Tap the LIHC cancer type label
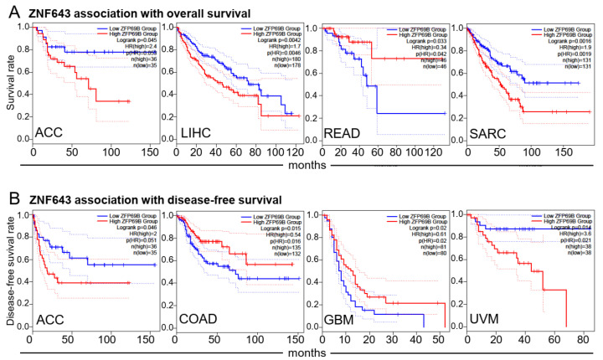(x=196, y=134)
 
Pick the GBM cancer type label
(x=341, y=318)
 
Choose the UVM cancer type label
(x=482, y=318)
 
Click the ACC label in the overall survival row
(x=51, y=134)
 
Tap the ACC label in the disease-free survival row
(x=51, y=318)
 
